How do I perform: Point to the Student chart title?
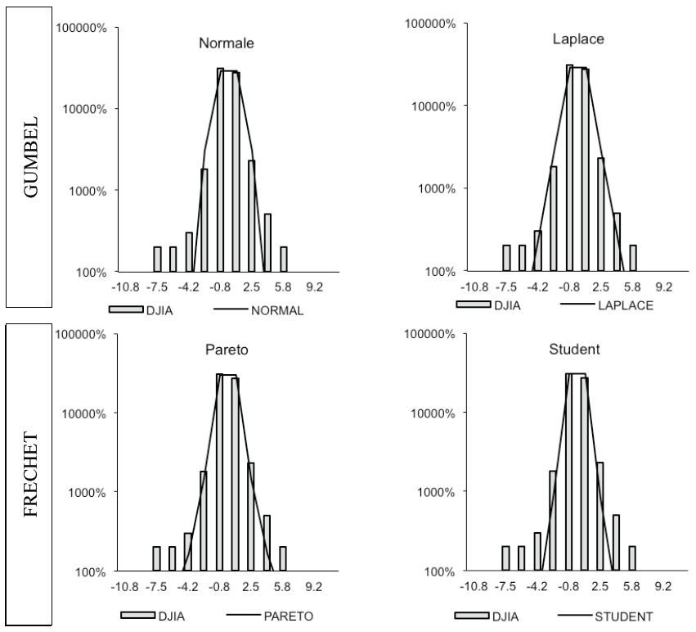[x=569, y=349]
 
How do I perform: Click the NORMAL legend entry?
[x=261, y=310]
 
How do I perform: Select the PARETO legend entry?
[x=261, y=615]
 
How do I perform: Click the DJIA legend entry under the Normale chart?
[x=160, y=310]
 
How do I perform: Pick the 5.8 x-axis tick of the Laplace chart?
[x=631, y=287]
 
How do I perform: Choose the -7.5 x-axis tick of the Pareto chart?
[x=156, y=587]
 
